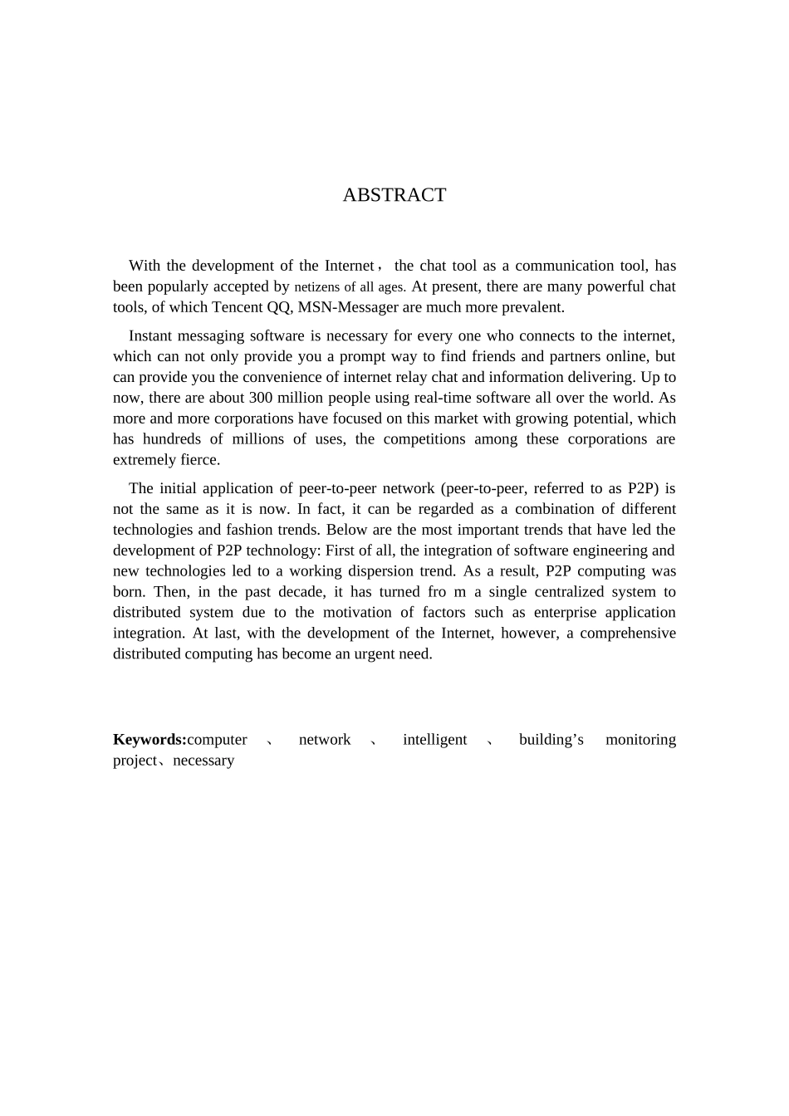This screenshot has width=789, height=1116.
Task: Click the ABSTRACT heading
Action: point(394,195)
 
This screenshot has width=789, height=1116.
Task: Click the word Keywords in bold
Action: point(149,740)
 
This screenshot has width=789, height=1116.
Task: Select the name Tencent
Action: point(238,307)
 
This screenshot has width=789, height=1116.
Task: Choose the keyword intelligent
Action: point(434,740)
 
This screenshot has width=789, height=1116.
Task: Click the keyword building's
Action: point(551,740)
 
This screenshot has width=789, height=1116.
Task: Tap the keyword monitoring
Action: point(640,740)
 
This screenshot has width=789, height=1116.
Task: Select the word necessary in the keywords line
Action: point(203,761)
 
